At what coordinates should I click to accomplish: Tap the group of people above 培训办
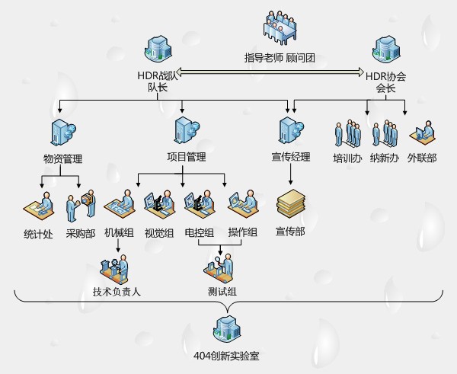pyautogui.click(x=347, y=133)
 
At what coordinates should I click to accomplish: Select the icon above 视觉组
pyautogui.click(x=159, y=203)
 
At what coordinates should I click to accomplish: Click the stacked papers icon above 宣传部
pyautogui.click(x=290, y=205)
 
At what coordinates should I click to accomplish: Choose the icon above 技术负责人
pyautogui.click(x=116, y=267)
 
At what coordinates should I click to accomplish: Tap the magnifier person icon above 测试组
pyautogui.click(x=221, y=267)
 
